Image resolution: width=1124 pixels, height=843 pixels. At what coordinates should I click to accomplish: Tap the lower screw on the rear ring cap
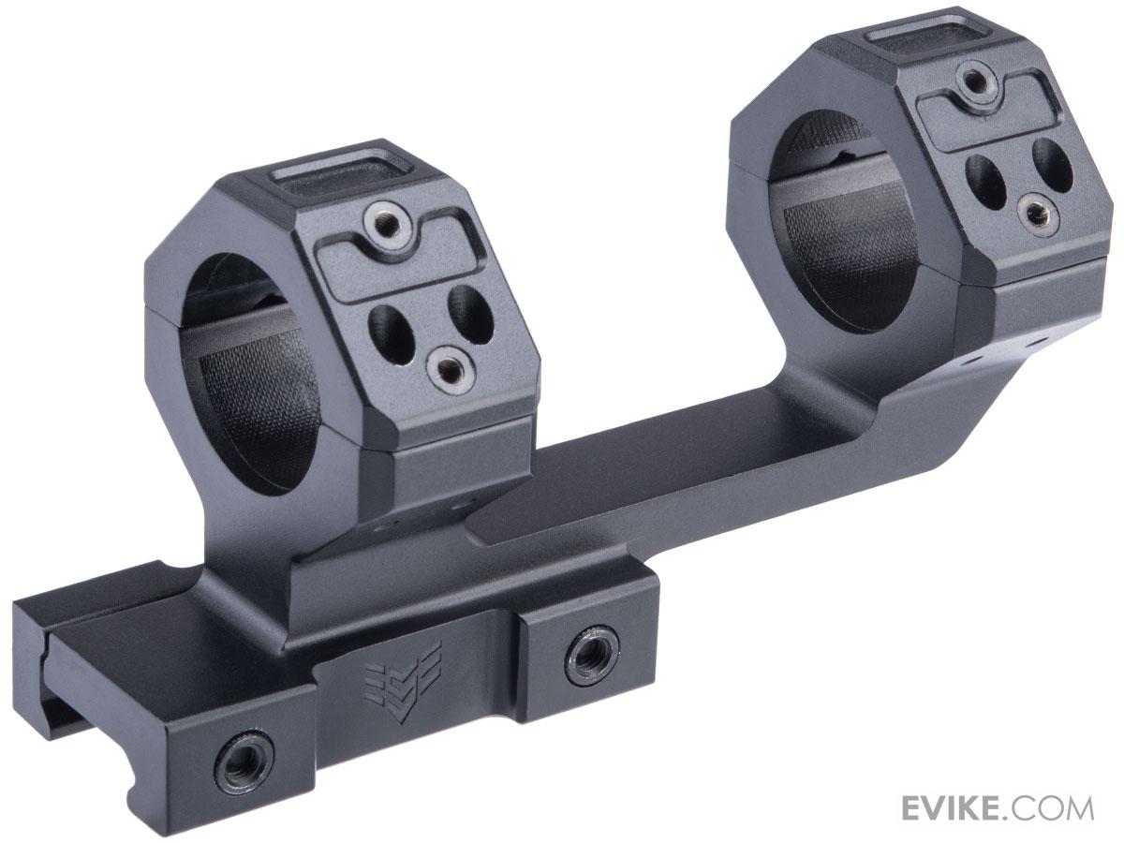click(1038, 212)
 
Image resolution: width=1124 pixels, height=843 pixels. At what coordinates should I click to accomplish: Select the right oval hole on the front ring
click(469, 314)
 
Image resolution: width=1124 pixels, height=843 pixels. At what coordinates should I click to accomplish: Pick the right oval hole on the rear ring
click(1053, 165)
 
